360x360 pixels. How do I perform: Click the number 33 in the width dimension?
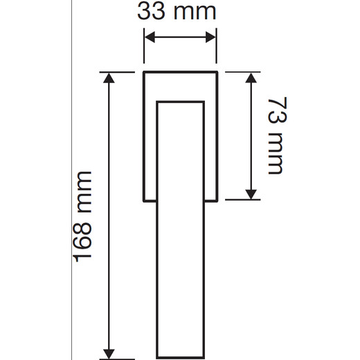[151, 12]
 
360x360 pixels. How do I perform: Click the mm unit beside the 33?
[195, 13]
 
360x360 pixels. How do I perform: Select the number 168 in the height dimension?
[83, 239]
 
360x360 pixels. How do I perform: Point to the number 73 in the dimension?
[277, 110]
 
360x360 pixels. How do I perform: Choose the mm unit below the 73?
[276, 153]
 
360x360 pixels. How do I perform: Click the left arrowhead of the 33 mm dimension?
[150, 37]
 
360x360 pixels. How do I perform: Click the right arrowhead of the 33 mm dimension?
[210, 37]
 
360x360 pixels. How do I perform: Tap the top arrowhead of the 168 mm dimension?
[109, 78]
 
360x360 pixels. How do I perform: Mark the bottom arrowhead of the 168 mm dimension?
[109, 354]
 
